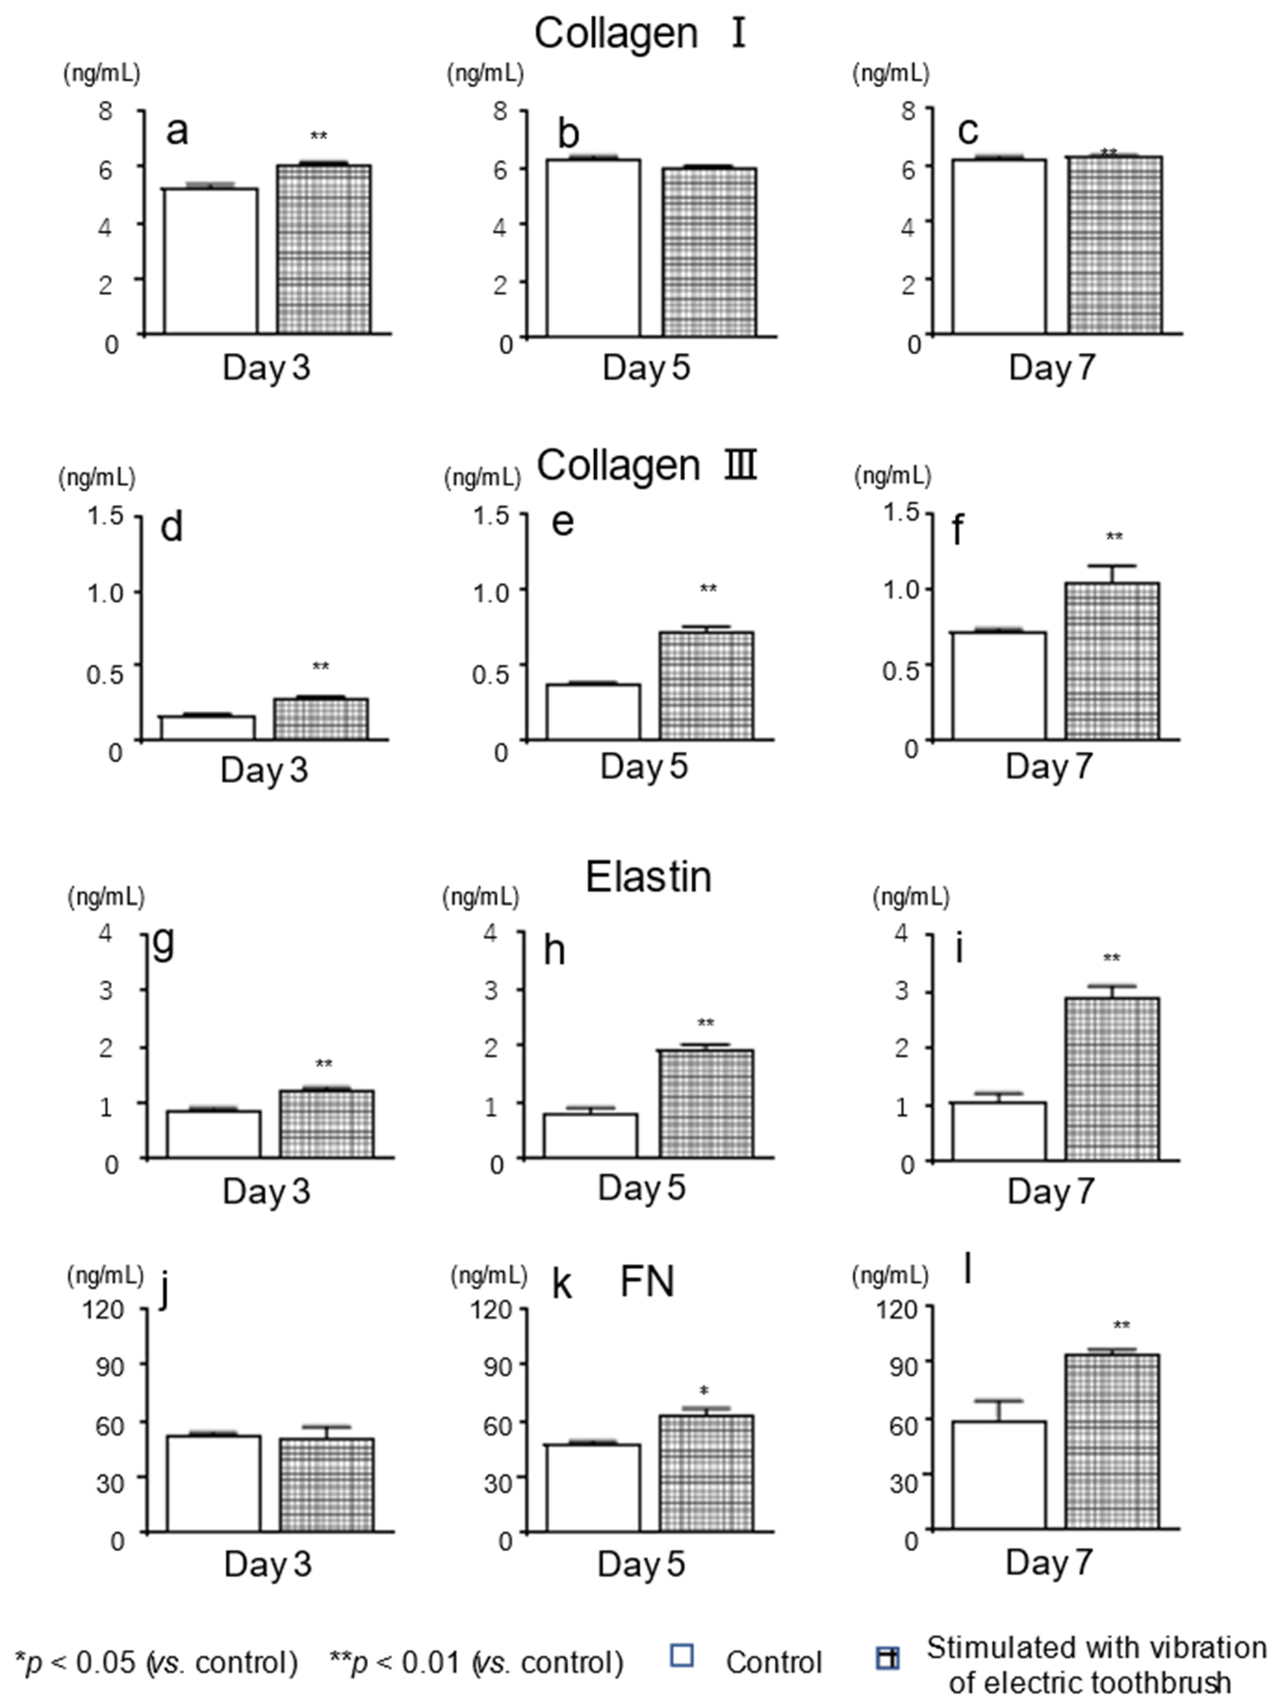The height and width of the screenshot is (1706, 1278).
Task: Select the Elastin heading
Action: (648, 877)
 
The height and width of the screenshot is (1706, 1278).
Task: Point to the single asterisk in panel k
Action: (703, 1392)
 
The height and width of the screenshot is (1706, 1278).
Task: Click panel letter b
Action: (568, 134)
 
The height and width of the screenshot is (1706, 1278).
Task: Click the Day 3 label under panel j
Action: (267, 1564)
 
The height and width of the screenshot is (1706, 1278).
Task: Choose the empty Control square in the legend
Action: (682, 1655)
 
